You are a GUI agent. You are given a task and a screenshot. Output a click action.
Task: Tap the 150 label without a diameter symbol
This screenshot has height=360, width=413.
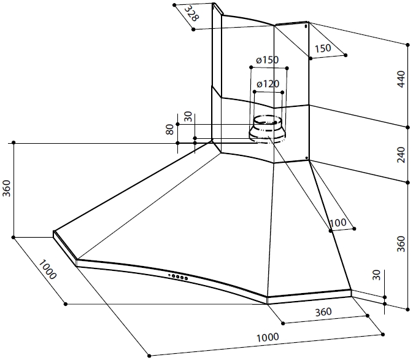(323, 48)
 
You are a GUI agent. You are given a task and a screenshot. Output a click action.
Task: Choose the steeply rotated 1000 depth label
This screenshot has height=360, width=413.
(47, 270)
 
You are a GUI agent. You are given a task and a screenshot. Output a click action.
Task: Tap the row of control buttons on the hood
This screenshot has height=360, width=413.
(178, 277)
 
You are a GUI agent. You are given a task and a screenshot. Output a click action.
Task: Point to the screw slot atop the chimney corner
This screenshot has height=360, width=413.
(305, 26)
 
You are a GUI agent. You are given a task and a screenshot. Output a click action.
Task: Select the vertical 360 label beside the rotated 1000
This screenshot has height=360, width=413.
(7, 189)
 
